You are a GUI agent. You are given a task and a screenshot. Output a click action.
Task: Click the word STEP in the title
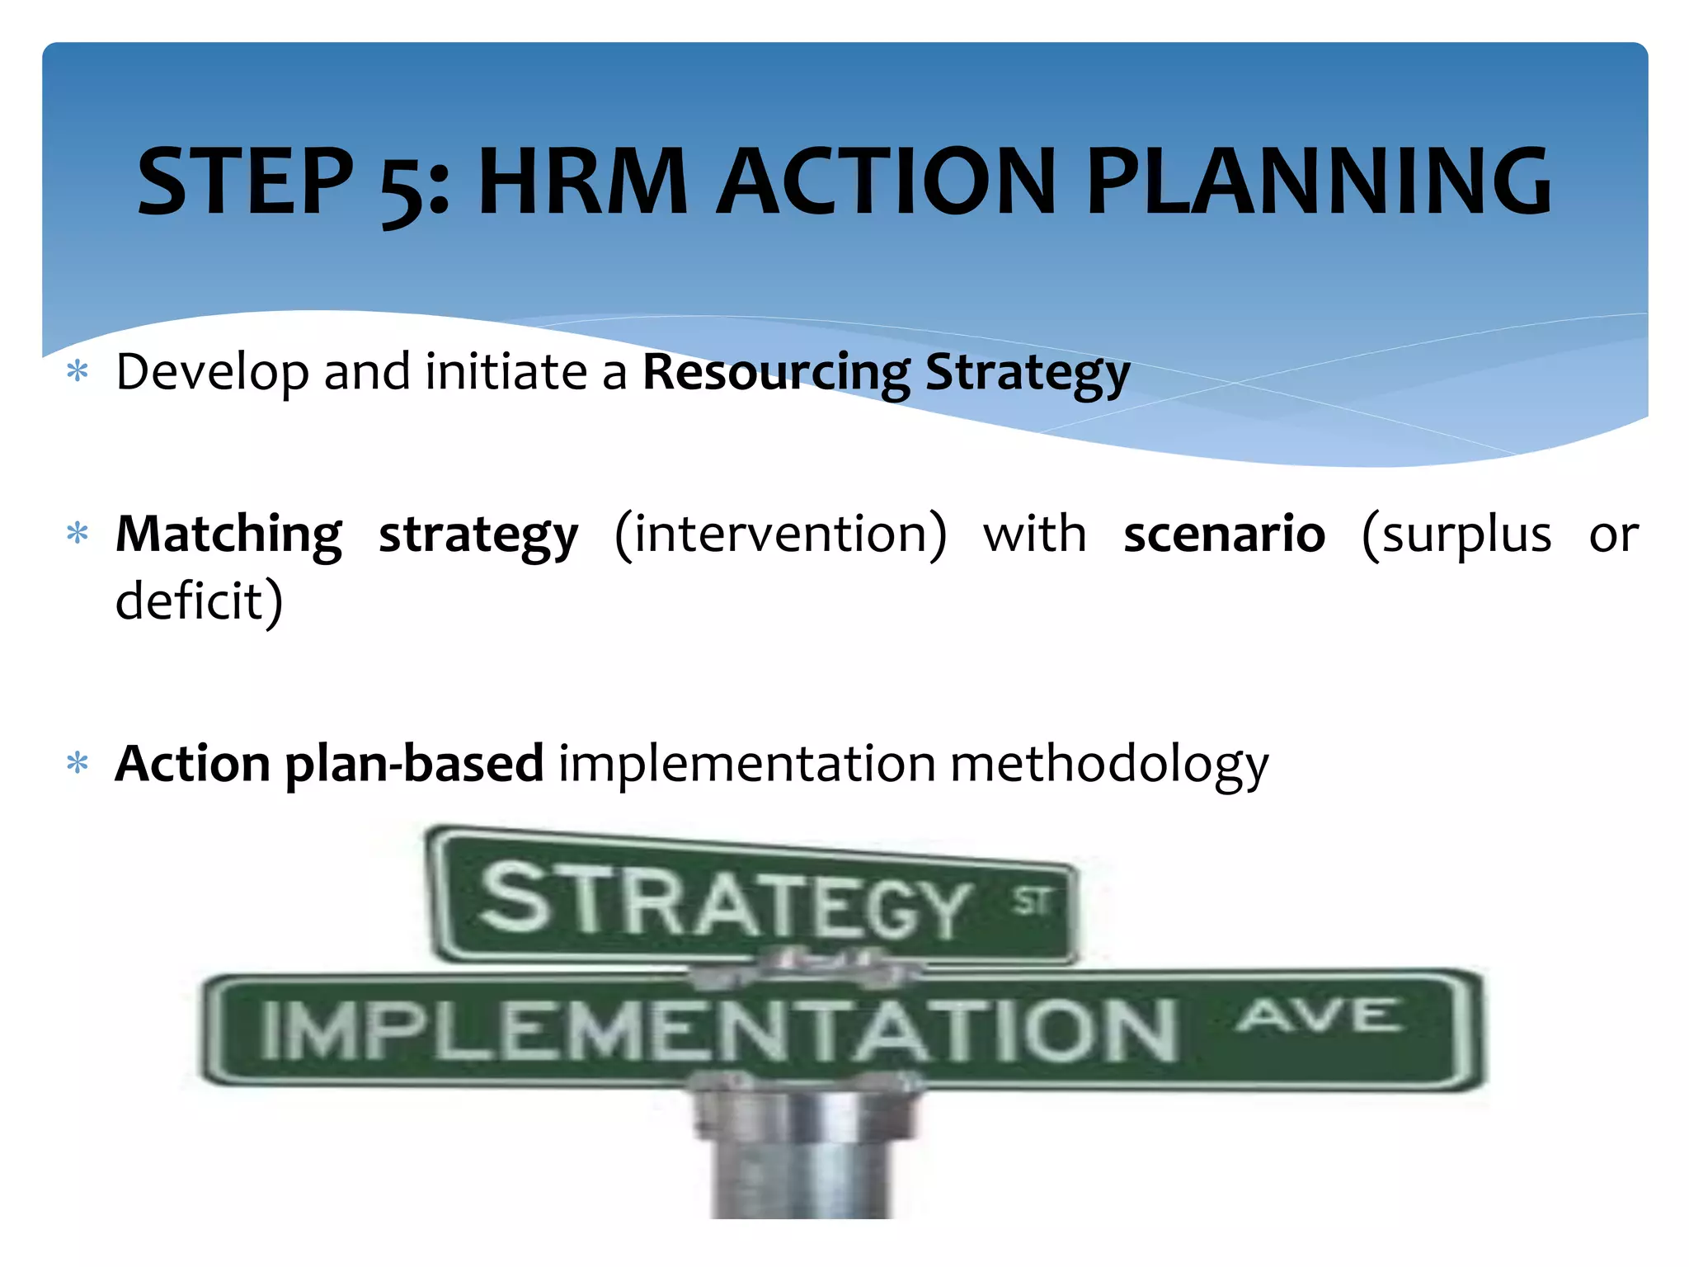245,181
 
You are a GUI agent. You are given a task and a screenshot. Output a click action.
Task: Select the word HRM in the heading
582,181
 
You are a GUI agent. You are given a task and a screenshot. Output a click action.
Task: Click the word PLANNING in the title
1318,181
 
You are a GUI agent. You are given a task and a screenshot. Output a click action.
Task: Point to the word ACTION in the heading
887,181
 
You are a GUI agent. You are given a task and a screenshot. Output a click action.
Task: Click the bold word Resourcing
776,373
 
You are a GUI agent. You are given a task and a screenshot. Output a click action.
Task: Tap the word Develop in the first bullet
212,373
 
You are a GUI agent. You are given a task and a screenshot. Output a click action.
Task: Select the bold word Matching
228,535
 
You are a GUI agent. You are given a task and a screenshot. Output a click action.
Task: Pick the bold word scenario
1224,535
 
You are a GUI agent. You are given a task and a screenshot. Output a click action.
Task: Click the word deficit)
199,601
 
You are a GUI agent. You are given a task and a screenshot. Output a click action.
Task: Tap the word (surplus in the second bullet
1456,535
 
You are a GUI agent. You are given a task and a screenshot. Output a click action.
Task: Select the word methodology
1109,765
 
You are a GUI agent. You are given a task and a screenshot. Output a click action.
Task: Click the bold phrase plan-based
414,765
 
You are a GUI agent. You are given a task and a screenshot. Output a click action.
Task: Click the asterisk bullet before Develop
78,372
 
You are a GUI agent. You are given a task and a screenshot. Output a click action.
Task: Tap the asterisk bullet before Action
78,764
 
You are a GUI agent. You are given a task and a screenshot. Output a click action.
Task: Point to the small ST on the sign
1032,902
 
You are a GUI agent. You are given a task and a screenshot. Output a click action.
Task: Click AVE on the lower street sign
1320,1015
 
